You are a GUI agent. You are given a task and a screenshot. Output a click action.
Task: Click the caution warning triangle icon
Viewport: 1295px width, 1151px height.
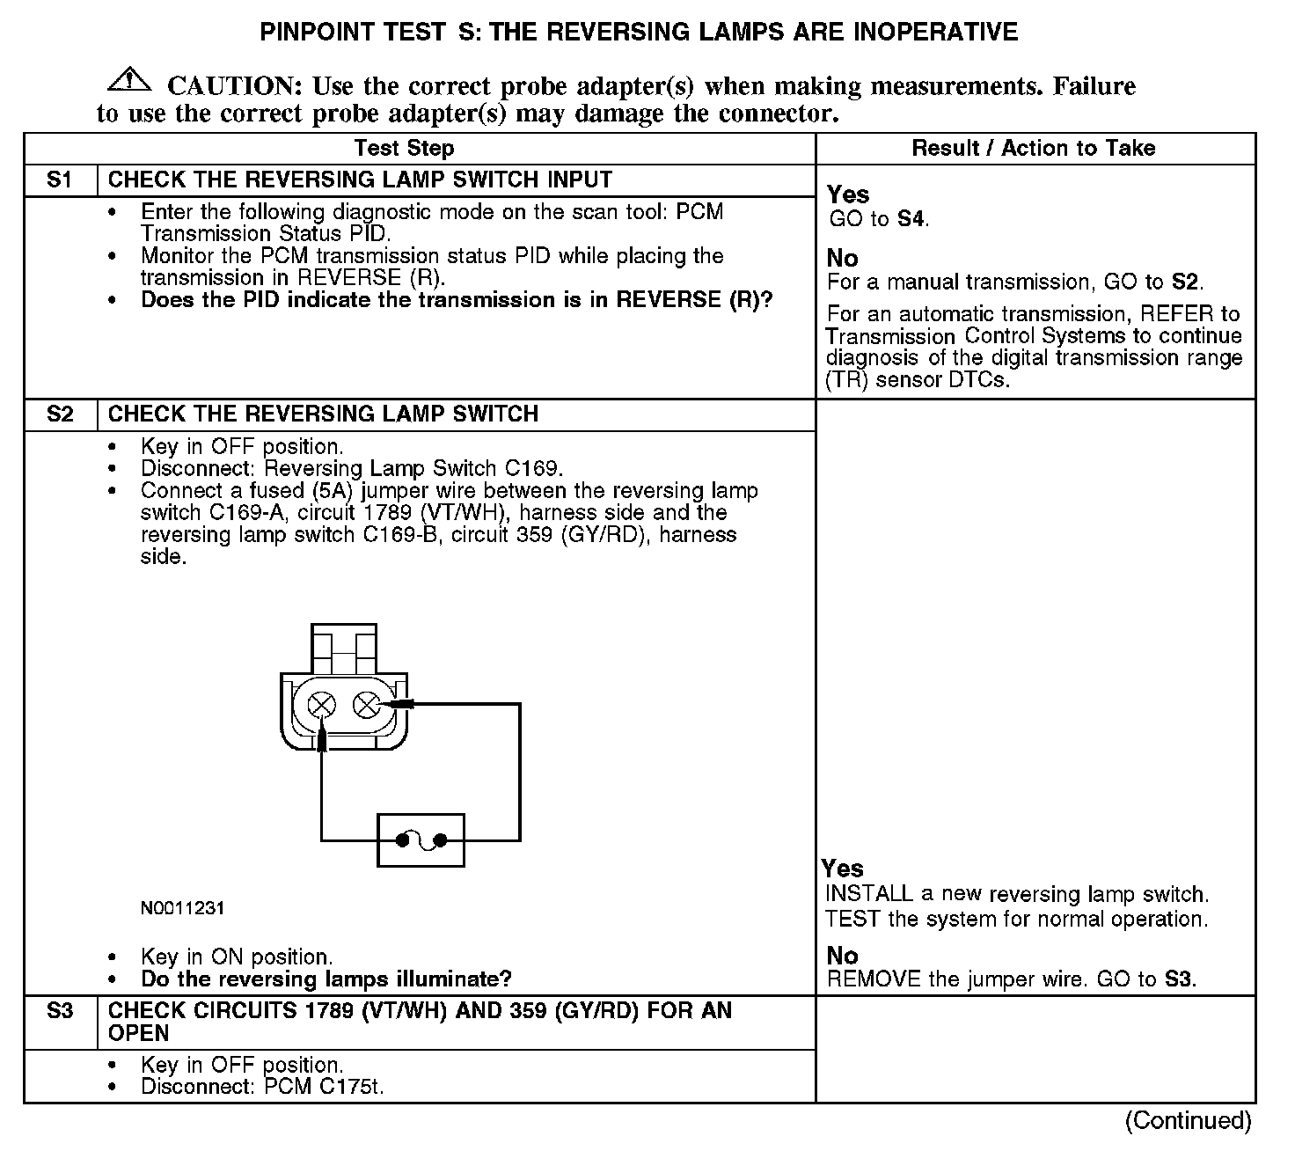pos(128,79)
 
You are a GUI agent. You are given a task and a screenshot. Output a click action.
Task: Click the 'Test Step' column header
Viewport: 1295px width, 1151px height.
pos(404,149)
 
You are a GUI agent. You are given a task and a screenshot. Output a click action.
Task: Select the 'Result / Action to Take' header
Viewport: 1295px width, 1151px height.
pos(1034,149)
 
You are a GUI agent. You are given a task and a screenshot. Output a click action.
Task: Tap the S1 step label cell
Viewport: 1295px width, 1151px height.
pos(60,180)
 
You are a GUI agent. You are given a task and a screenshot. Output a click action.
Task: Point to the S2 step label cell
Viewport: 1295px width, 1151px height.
pos(60,414)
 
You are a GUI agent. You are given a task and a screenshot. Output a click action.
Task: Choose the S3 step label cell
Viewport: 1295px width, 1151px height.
pos(60,1011)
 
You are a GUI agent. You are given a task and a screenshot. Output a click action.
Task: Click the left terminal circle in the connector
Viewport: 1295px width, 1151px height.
pos(323,705)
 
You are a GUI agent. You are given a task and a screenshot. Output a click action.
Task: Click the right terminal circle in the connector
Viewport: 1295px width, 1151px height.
pos(366,705)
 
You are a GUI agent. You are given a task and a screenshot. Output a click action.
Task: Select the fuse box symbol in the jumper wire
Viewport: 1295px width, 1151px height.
pos(421,840)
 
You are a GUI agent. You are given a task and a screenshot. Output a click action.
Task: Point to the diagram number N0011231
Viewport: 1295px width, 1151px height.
pos(182,908)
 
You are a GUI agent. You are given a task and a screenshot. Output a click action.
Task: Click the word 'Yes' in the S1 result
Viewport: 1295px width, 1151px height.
pos(848,195)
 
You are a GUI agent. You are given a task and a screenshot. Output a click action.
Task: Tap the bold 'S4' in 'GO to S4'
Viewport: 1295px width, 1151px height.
pos(911,219)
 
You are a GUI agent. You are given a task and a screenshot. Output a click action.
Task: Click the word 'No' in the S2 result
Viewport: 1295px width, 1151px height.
pos(842,956)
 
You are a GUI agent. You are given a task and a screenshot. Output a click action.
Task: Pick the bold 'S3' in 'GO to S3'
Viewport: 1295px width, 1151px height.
pos(1179,979)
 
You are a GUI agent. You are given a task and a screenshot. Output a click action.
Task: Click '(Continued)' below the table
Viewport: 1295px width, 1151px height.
pos(1188,1120)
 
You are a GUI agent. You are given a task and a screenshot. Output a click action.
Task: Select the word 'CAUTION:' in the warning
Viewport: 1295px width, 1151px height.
pos(236,86)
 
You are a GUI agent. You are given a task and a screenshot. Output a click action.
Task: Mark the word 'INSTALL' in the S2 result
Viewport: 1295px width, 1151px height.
pos(869,895)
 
